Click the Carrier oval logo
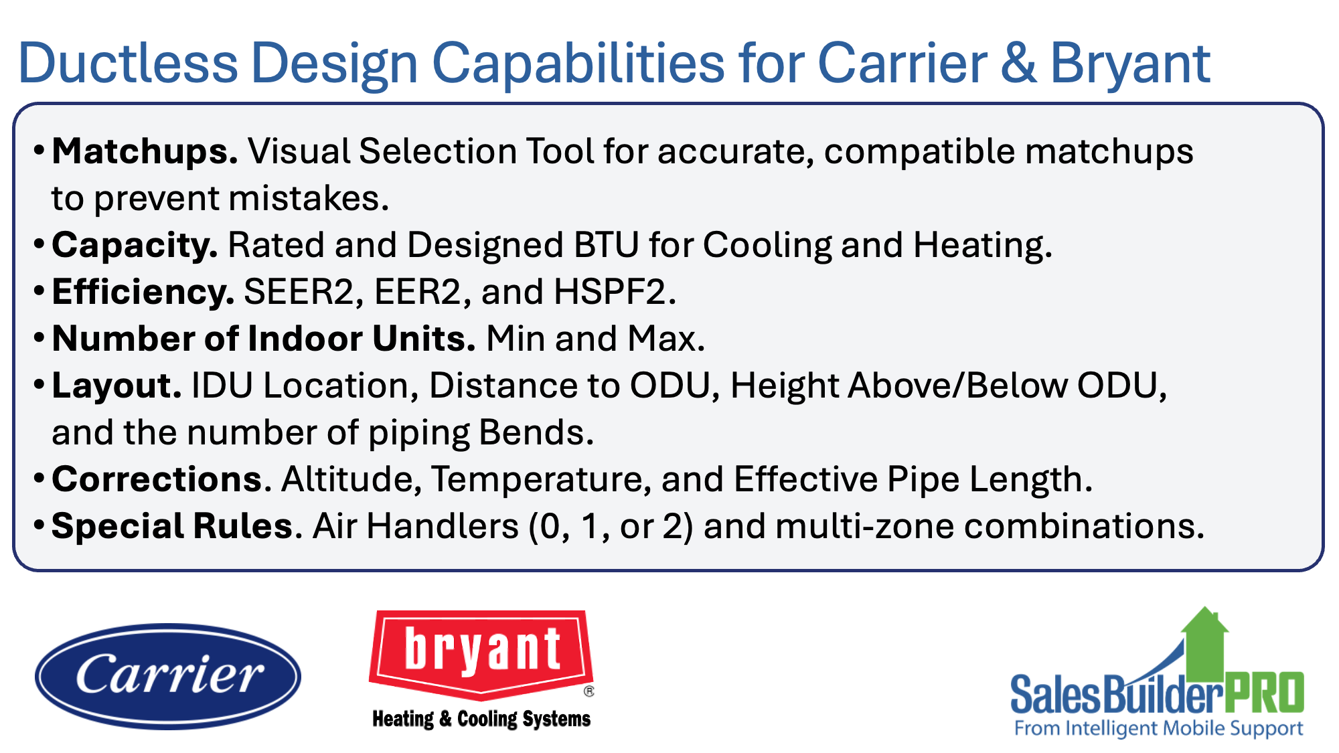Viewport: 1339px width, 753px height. [168, 676]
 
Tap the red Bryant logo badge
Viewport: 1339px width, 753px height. [481, 652]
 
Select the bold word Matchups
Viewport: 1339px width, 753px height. [145, 151]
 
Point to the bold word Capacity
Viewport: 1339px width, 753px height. [135, 245]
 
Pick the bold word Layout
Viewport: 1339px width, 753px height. [117, 386]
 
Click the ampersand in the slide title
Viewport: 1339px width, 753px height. [1018, 64]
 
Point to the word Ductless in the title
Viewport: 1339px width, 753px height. [128, 64]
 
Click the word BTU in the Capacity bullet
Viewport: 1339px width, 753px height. [607, 245]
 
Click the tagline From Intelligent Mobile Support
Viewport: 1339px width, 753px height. [1158, 728]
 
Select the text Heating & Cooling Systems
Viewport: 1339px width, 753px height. [481, 719]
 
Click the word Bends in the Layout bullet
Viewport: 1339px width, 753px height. [536, 432]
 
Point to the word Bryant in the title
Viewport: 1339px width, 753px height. [1130, 64]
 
